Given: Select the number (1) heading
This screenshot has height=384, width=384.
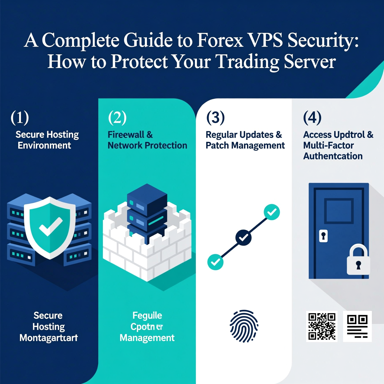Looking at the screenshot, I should (20, 117).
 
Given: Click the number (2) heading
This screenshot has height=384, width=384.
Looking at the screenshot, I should (117, 117).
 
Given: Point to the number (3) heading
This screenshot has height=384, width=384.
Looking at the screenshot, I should (215, 117).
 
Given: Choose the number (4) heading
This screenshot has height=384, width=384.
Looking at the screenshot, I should (312, 117).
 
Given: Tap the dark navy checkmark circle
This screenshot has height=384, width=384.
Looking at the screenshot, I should (243, 237).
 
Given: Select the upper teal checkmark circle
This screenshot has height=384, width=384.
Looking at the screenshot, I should (272, 212).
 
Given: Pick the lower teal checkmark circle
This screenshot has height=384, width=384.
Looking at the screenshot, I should (215, 262).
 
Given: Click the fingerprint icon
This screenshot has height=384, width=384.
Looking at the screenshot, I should (244, 326).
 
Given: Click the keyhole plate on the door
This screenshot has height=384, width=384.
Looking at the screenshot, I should (323, 236).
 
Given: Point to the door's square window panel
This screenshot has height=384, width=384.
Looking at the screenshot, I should (339, 211).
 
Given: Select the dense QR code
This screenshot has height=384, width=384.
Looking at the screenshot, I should (322, 326).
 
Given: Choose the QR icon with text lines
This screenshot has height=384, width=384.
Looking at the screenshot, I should (357, 326).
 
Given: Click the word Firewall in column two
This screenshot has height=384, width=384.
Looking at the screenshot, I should (126, 135).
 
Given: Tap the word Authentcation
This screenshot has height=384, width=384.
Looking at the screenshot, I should (333, 156).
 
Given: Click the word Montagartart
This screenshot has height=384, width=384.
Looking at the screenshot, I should (49, 338).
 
